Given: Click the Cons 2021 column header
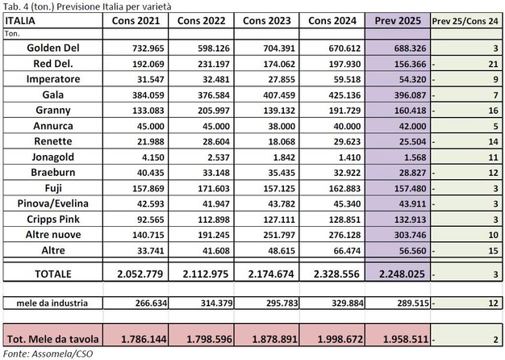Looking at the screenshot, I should pyautogui.click(x=125, y=19).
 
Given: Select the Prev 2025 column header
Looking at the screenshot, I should pyautogui.click(x=394, y=19).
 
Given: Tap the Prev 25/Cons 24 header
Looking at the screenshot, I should pyautogui.click(x=467, y=19).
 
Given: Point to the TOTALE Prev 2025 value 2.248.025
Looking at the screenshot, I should pyautogui.click(x=394, y=274).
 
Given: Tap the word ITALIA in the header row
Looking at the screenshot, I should pyautogui.click(x=19, y=19).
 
